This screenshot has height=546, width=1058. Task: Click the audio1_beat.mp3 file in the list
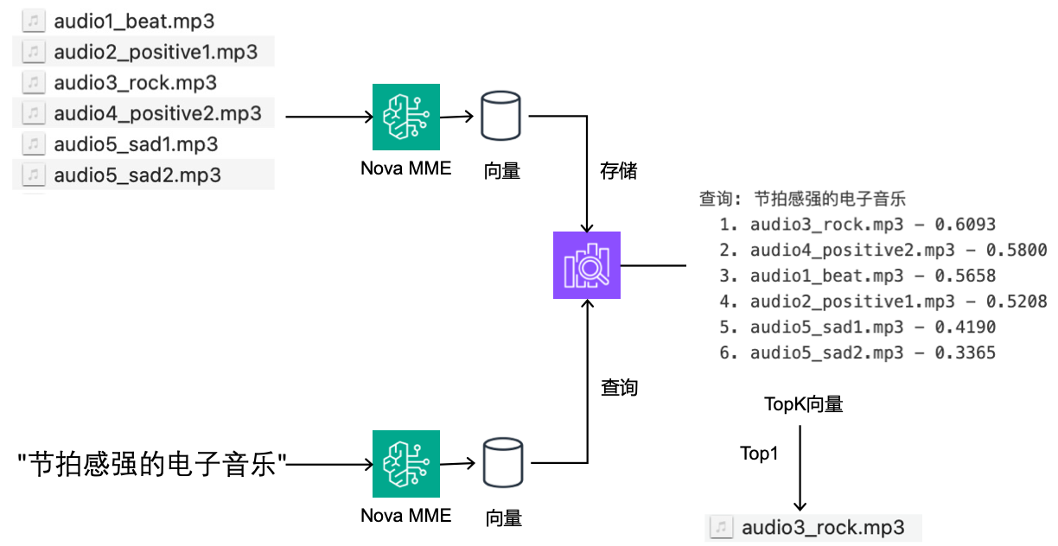point(134,21)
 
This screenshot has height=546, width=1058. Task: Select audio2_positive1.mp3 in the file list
point(156,52)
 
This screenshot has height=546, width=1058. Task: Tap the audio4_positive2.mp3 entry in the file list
point(157,114)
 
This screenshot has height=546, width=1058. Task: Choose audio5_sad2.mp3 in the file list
point(137,175)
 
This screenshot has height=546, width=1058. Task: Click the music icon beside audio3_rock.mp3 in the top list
point(34,83)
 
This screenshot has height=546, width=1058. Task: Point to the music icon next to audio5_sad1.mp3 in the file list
point(34,144)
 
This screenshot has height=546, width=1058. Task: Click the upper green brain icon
point(406,117)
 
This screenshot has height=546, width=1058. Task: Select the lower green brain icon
point(406,464)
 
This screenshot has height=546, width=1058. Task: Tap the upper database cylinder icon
point(501,116)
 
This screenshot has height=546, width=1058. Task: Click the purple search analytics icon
point(587,265)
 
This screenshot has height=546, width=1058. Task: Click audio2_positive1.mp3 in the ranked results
point(852,302)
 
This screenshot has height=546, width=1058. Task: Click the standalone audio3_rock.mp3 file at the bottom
point(823,528)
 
